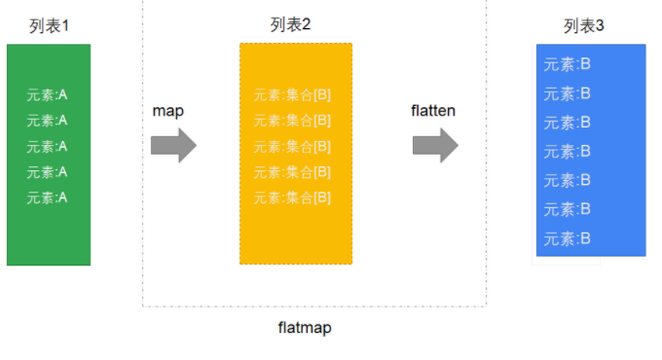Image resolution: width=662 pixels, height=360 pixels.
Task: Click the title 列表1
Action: [49, 26]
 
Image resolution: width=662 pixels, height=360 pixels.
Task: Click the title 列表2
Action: [290, 24]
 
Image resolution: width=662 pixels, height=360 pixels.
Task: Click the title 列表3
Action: [583, 26]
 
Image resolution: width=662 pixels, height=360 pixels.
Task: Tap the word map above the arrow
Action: [168, 112]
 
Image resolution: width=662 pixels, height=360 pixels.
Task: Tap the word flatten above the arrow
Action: [433, 111]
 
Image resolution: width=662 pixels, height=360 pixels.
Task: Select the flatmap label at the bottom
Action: [305, 328]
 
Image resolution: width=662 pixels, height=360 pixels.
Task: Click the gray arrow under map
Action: [173, 146]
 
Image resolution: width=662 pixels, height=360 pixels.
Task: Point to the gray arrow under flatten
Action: [435, 146]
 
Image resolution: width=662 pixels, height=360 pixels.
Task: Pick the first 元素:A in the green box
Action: [47, 95]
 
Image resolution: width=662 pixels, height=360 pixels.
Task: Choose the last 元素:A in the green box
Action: [47, 198]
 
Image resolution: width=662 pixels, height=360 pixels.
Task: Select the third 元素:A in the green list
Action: [47, 147]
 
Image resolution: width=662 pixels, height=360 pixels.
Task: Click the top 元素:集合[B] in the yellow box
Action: [292, 95]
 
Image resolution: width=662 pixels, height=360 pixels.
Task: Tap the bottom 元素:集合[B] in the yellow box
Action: [292, 198]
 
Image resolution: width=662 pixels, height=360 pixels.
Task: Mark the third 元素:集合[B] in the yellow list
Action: [292, 147]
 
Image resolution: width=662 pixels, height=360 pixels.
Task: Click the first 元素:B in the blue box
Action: [567, 64]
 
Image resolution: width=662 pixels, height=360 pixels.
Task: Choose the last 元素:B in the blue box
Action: [567, 239]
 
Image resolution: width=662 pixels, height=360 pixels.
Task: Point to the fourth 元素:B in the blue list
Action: [567, 152]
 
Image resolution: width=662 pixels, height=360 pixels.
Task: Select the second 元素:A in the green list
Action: [47, 121]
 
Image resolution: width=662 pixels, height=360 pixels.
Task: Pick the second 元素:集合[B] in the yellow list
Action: [292, 121]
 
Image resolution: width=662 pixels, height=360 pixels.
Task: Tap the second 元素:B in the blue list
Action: [567, 93]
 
